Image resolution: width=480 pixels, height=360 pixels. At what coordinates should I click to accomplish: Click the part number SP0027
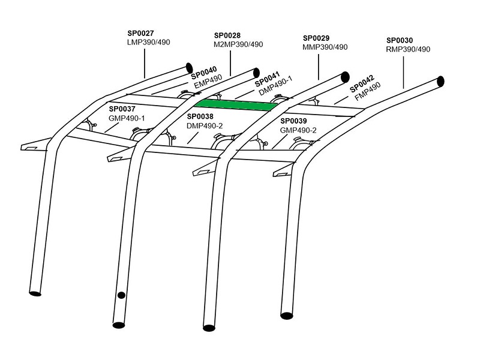point(140,34)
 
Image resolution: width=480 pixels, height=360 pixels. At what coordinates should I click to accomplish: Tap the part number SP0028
point(227,36)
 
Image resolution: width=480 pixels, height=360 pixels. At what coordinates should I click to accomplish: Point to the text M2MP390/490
point(238,44)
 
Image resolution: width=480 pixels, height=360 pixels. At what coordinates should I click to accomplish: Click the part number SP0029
point(316,38)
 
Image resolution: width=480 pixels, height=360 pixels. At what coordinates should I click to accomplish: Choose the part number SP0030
point(400,41)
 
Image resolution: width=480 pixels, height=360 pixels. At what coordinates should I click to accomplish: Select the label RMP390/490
point(409,49)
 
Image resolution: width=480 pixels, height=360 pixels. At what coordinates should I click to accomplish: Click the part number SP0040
point(204,74)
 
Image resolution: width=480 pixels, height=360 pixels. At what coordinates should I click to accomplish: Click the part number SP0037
point(122,109)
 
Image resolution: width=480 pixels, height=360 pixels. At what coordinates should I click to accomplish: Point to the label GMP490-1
point(127,118)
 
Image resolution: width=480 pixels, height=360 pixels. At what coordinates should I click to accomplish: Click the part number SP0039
point(294,121)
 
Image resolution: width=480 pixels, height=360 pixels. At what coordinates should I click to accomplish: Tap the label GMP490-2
point(299,130)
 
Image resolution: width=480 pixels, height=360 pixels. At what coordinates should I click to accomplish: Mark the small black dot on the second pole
point(121,295)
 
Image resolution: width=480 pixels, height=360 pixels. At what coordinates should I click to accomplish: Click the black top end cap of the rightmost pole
point(440,80)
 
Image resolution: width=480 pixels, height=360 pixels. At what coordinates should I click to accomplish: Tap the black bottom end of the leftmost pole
point(35,293)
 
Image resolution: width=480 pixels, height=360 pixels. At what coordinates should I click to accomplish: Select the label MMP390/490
point(325,47)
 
